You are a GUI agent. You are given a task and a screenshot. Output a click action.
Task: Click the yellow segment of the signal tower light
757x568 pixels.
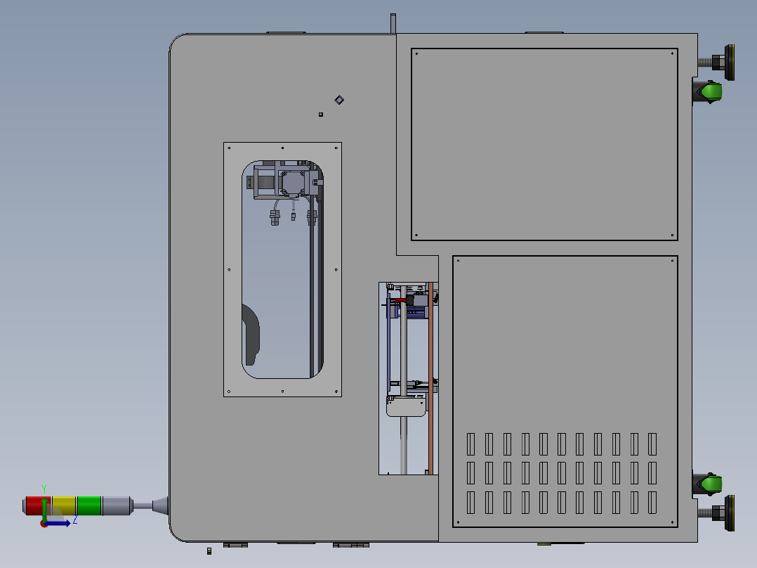coord(64,505)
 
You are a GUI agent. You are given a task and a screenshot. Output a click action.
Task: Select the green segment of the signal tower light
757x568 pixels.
coord(89,505)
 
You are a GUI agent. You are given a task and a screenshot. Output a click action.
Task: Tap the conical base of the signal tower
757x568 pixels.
coord(161,505)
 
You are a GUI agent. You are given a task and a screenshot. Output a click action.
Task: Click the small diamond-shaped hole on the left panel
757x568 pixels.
coord(339,100)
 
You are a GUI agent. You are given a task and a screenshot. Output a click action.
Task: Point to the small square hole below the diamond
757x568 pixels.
coord(321,114)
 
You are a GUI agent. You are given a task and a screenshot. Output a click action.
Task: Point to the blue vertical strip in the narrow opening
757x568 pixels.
coord(388,344)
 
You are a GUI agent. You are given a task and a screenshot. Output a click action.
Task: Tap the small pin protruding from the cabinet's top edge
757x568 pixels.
coord(393,22)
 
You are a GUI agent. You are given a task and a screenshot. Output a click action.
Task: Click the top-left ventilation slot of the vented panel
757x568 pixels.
coord(471,444)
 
